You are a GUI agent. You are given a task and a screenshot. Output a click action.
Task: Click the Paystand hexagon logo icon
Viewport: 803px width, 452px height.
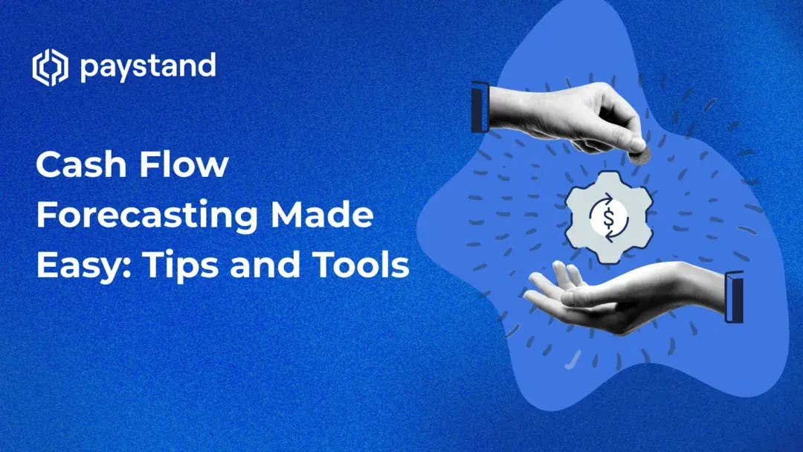pyautogui.click(x=50, y=68)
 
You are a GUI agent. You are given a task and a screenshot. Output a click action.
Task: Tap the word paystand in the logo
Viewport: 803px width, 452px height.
pyautogui.click(x=147, y=68)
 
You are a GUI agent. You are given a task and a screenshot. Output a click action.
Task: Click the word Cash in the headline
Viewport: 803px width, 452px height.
pyautogui.click(x=79, y=165)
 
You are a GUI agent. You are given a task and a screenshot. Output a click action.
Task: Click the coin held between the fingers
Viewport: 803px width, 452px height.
pyautogui.click(x=639, y=154)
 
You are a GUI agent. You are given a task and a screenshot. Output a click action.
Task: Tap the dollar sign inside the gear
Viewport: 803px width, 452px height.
pyautogui.click(x=608, y=217)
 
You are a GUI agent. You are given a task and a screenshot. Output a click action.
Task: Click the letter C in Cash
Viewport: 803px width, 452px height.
pyautogui.click(x=49, y=165)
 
